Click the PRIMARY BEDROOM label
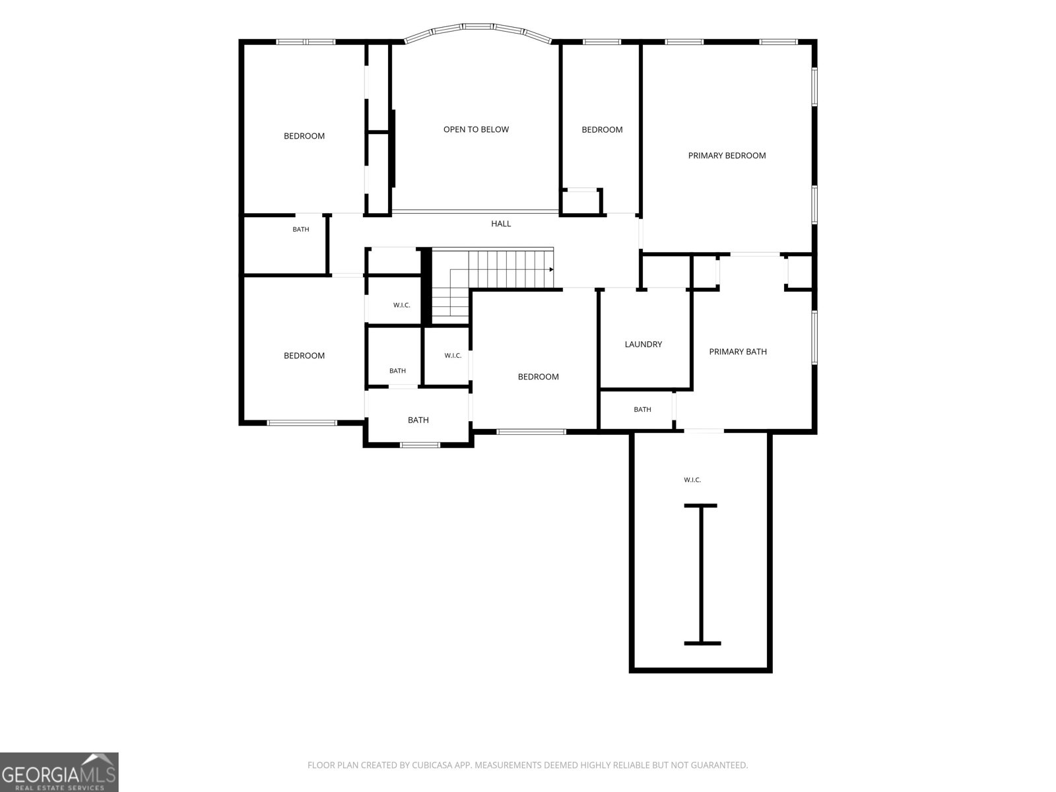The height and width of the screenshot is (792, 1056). (727, 155)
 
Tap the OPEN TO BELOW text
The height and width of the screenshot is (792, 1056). (476, 129)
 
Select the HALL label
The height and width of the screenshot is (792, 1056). (501, 224)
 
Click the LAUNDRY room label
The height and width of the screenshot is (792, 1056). (643, 345)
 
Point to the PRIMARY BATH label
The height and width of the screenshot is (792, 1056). (737, 352)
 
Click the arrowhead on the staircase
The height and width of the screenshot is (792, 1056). (551, 270)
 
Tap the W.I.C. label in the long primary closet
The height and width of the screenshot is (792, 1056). (692, 480)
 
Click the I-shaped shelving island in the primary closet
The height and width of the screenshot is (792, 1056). (702, 575)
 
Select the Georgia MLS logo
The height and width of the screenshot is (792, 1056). (59, 772)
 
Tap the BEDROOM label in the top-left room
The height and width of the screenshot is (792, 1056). (304, 136)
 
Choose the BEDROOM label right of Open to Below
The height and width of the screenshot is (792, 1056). (602, 130)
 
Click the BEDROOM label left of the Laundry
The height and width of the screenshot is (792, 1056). (538, 377)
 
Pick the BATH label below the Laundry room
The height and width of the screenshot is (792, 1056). (642, 410)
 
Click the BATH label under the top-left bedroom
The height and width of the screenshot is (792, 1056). (301, 230)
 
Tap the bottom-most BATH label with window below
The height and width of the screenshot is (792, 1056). (418, 420)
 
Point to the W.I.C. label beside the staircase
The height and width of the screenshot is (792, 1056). (401, 306)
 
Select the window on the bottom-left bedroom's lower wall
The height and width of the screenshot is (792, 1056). (302, 423)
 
